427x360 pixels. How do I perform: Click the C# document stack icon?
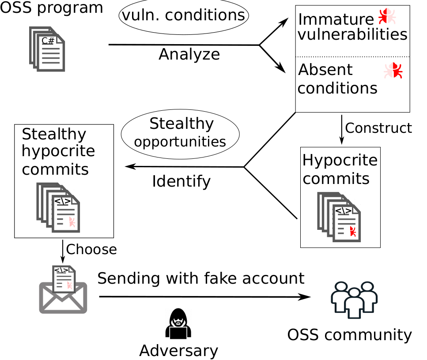[x=47, y=49]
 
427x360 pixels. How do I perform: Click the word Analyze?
[x=189, y=54]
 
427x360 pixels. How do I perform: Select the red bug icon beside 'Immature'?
[x=387, y=16]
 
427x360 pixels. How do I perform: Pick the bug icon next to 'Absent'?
[x=393, y=71]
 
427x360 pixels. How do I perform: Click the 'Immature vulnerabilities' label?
[x=353, y=27]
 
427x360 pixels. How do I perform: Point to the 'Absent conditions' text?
[x=338, y=79]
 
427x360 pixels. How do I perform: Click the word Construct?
[x=378, y=128]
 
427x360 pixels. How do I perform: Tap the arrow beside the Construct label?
[x=341, y=130]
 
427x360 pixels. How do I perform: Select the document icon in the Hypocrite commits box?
[x=339, y=217]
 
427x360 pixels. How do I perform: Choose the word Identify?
[x=181, y=181]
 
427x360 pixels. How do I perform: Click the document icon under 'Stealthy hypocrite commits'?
[x=58, y=208]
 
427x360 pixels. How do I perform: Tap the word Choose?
[x=91, y=249]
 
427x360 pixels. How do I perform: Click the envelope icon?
[x=63, y=289]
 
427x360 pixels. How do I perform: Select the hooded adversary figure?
[x=178, y=324]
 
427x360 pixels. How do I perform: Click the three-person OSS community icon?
[x=354, y=300]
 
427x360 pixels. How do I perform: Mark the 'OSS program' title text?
[x=52, y=7]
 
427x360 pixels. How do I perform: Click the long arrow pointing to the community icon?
[x=205, y=297]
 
